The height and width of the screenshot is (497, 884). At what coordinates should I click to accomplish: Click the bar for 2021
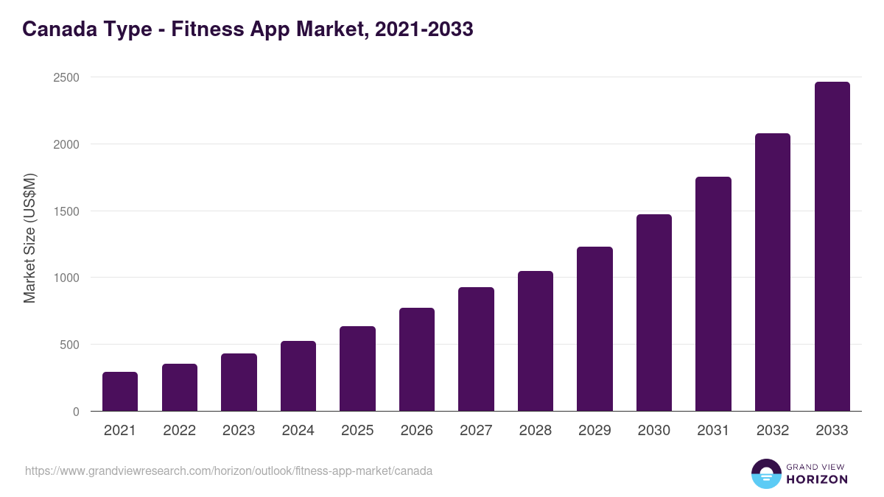click(x=120, y=392)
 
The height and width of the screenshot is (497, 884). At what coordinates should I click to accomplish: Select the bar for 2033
click(x=832, y=247)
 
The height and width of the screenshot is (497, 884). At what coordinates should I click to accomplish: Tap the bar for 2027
click(x=476, y=349)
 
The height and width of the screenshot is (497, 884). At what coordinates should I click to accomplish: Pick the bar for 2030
click(x=654, y=313)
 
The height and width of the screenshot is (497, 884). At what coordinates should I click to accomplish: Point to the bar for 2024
click(x=298, y=376)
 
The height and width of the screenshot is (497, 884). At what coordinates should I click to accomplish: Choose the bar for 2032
click(x=773, y=272)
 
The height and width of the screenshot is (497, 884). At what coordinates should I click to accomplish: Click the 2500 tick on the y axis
click(x=66, y=77)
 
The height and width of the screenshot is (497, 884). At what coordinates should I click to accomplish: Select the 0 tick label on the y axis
click(x=76, y=412)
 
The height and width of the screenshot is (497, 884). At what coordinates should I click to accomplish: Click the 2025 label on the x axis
click(x=357, y=431)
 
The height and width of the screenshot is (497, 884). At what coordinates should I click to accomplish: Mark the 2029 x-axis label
click(x=594, y=431)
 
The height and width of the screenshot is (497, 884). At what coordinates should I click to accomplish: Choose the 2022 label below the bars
click(x=180, y=431)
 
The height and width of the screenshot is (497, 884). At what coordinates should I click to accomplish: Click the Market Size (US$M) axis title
click(x=29, y=238)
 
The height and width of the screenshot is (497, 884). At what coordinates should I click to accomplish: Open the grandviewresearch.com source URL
click(x=228, y=470)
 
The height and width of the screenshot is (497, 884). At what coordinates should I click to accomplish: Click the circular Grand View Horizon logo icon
click(x=765, y=474)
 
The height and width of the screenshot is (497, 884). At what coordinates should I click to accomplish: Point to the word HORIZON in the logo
click(x=817, y=479)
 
